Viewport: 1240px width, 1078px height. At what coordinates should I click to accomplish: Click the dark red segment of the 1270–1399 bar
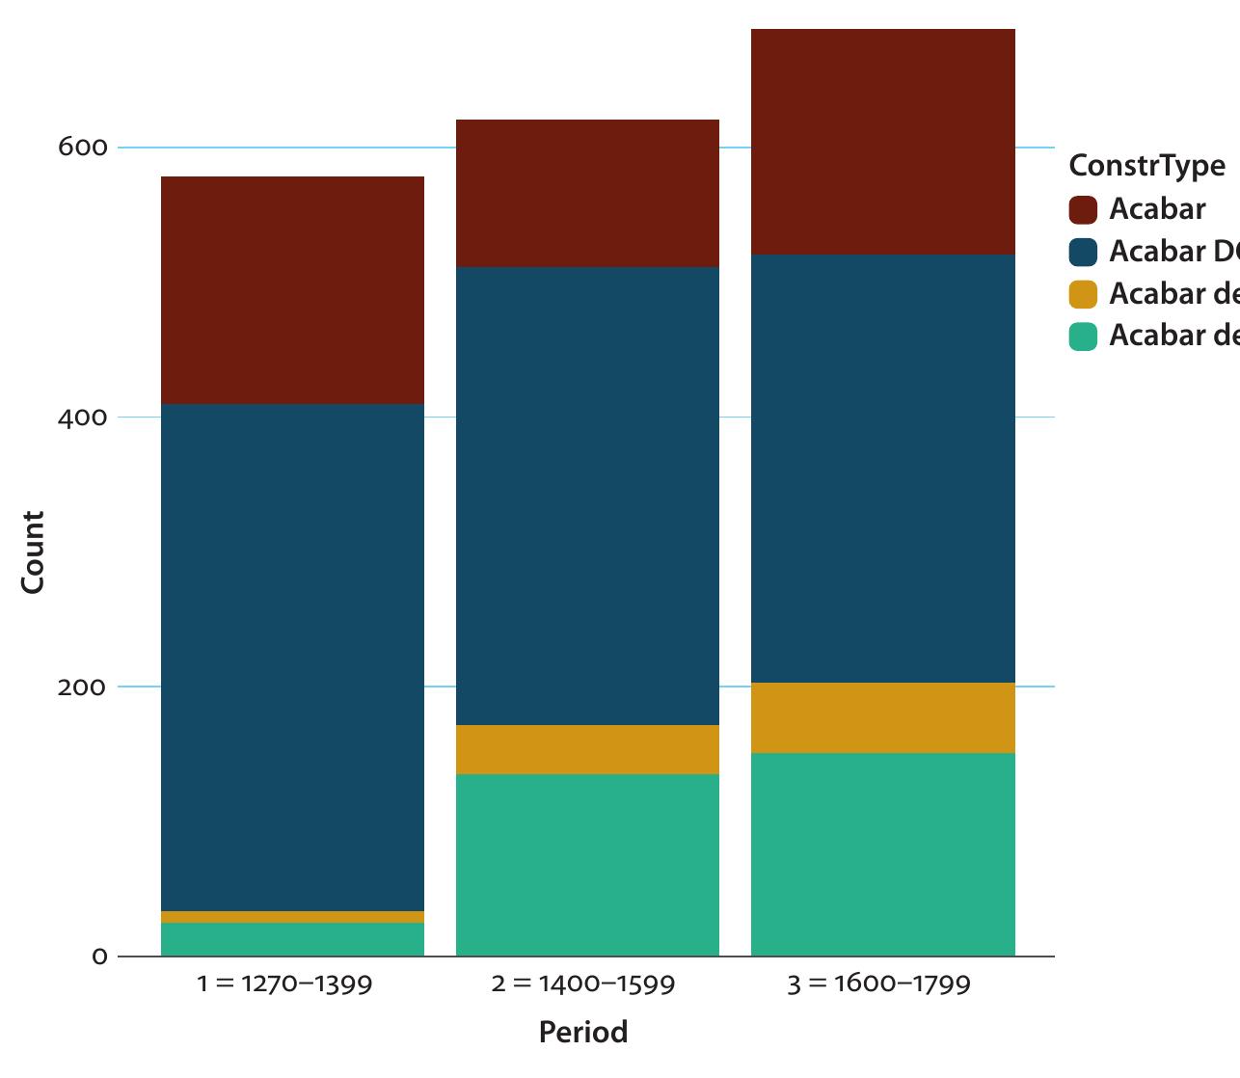(x=292, y=289)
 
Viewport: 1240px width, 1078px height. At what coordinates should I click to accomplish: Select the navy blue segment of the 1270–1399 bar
(x=292, y=656)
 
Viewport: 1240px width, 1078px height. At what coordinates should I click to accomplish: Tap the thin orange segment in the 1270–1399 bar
(x=292, y=917)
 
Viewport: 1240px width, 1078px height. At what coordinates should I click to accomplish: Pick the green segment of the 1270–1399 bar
(x=292, y=940)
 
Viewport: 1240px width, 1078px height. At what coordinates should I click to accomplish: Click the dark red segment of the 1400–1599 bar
(x=587, y=193)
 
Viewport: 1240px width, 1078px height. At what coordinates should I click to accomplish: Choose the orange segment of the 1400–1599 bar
(x=587, y=749)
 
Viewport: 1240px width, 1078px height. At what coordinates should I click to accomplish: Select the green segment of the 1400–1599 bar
(x=587, y=865)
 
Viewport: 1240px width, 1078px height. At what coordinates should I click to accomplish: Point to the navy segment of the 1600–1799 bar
(x=882, y=468)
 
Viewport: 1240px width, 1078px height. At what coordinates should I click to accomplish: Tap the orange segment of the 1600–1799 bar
(x=882, y=717)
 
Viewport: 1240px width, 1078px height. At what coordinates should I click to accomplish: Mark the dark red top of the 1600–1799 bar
(x=882, y=142)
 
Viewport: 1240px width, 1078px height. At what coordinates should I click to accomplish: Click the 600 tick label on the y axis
(x=82, y=148)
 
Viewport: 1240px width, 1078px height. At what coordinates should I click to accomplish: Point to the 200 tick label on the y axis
(x=82, y=687)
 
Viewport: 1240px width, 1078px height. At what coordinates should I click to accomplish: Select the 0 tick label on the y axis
(x=99, y=957)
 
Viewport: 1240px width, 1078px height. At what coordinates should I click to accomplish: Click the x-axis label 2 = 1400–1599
(x=582, y=984)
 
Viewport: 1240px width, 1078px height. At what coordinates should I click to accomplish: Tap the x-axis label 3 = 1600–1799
(x=878, y=984)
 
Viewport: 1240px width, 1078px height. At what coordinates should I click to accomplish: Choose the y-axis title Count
(x=33, y=552)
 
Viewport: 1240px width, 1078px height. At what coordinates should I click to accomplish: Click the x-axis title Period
(x=582, y=1032)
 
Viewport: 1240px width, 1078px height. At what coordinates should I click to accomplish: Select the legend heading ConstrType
(x=1146, y=165)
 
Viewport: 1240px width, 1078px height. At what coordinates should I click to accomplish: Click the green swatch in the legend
(x=1083, y=337)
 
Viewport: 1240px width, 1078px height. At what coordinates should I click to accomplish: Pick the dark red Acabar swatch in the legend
(x=1083, y=209)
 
